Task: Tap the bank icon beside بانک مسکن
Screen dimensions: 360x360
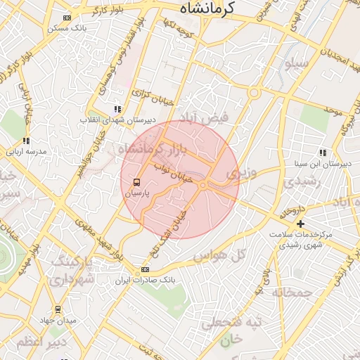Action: click(x=67, y=18)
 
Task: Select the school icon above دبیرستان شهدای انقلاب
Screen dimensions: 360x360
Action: click(x=117, y=109)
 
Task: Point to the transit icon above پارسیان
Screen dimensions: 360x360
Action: click(x=136, y=181)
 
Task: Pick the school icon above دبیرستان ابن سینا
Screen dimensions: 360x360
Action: click(x=323, y=153)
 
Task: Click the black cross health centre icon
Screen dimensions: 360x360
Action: click(x=300, y=223)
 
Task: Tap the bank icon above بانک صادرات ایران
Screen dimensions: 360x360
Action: click(x=145, y=269)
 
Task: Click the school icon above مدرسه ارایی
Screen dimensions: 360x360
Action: click(x=27, y=141)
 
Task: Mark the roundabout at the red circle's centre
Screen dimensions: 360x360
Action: click(x=203, y=184)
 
